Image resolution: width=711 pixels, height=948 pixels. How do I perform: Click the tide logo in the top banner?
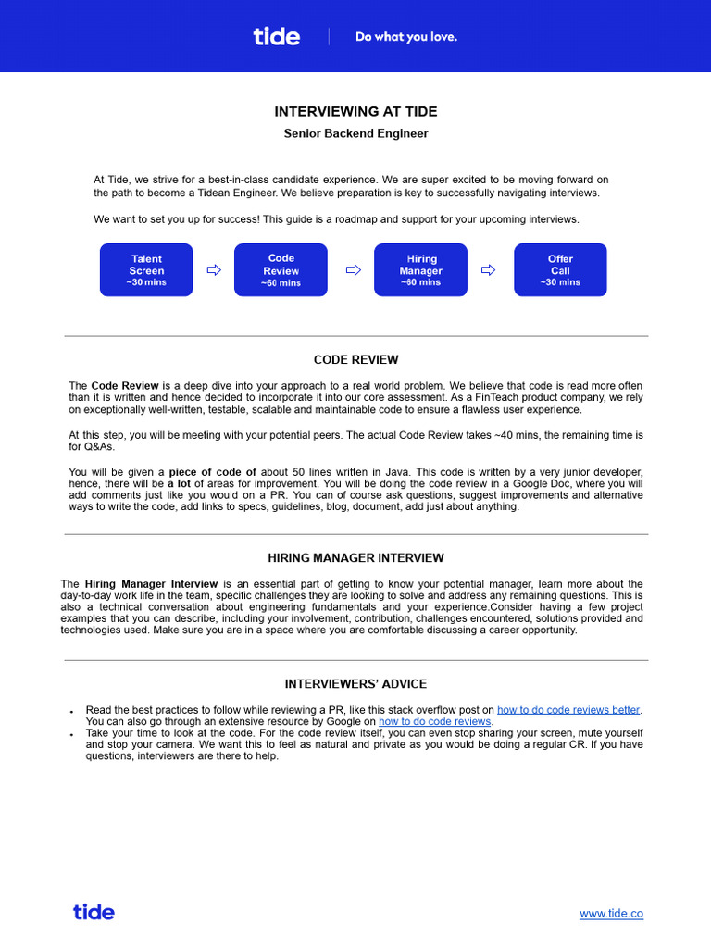coord(276,36)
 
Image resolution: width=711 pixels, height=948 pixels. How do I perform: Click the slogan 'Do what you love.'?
coord(406,37)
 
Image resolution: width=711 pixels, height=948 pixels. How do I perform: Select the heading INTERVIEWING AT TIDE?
coord(355,112)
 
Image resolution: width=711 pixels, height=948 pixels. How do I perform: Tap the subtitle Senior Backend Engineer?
coord(355,133)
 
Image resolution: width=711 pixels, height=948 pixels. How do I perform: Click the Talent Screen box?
coord(146,269)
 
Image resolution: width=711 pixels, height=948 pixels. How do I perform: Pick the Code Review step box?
coord(281,269)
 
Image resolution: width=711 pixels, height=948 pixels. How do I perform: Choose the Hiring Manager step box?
coord(420,269)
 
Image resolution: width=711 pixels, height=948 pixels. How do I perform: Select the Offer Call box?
coord(560,269)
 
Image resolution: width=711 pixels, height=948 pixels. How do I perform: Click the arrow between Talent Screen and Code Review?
coord(214,270)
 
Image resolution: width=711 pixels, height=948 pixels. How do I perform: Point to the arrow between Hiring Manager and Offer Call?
coord(490,270)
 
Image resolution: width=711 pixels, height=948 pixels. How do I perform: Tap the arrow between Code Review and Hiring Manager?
coord(353,270)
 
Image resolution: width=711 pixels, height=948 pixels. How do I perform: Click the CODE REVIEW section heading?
coord(355,360)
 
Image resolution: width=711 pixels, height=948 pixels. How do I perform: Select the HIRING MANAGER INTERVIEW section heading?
coord(355,558)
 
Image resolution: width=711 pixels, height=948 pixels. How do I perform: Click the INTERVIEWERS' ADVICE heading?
coord(355,684)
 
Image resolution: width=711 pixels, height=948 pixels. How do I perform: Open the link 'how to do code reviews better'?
coord(568,710)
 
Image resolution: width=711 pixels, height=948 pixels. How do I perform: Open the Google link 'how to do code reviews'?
coord(435,721)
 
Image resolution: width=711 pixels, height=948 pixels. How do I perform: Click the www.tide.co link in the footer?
coord(611,914)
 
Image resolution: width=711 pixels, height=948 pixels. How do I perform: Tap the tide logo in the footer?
coord(94,912)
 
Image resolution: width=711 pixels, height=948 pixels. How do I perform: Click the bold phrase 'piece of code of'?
coord(212,472)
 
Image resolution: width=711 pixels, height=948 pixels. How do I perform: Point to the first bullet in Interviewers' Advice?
coord(72,711)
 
